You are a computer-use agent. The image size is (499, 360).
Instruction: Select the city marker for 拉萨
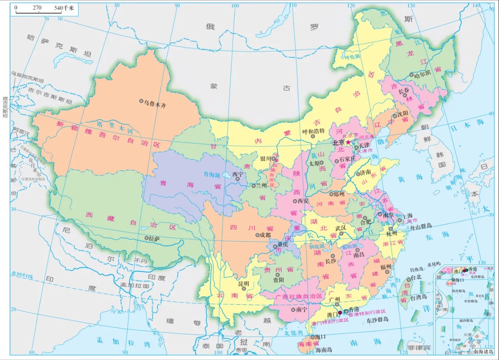[147, 238]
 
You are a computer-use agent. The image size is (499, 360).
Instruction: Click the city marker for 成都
[257, 235]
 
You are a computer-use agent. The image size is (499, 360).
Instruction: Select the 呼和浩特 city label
[313, 131]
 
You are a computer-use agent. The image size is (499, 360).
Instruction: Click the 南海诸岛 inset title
[483, 351]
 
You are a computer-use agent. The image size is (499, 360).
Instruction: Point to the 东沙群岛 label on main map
[377, 319]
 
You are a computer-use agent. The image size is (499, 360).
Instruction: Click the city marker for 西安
[295, 201]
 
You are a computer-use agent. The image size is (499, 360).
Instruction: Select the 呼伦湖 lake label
[353, 57]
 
